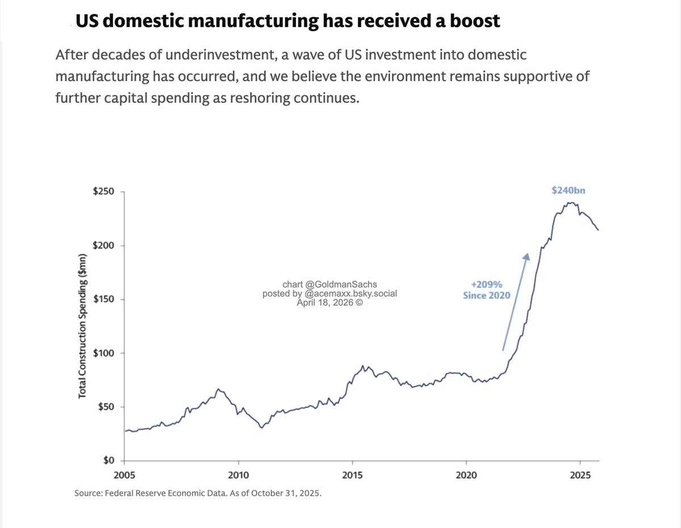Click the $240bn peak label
(x=568, y=191)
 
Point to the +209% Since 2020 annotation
(x=486, y=290)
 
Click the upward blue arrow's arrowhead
(x=527, y=257)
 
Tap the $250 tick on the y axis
(x=103, y=192)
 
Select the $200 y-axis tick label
(x=103, y=246)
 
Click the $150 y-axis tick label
(x=103, y=300)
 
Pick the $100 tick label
(x=103, y=353)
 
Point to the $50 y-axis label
(x=106, y=407)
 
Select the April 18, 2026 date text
(x=329, y=303)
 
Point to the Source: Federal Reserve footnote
(x=198, y=493)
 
